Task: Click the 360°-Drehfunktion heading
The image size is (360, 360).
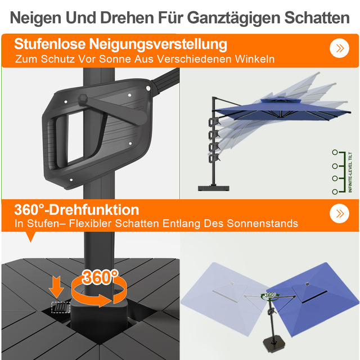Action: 76,210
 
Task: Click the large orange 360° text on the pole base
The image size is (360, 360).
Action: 100,277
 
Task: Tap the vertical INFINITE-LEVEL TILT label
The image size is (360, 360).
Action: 350,172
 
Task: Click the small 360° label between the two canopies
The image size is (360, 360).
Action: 269,295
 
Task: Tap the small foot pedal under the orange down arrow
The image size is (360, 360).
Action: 57,307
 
